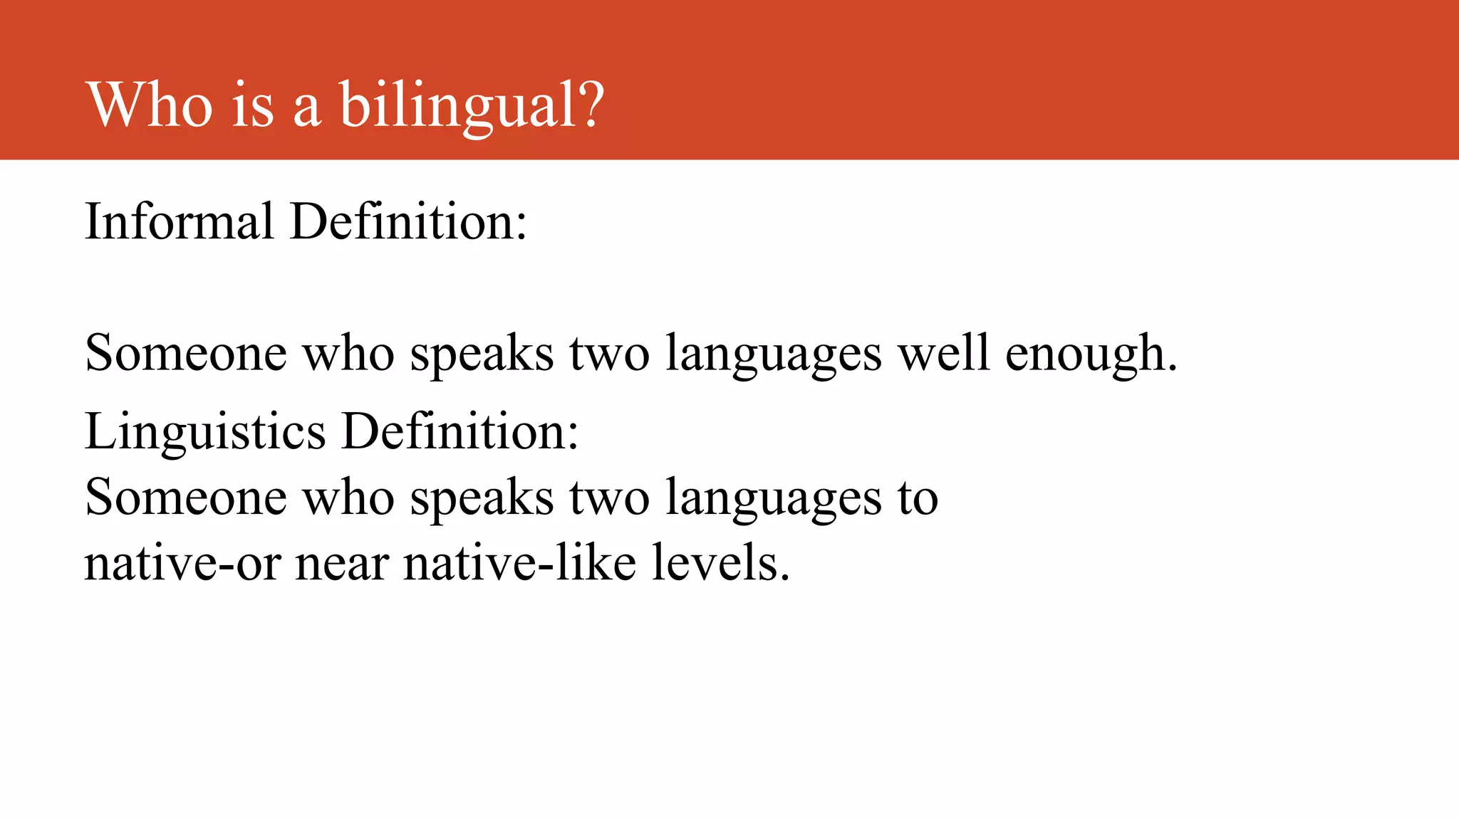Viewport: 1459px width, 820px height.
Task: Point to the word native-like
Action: pos(519,562)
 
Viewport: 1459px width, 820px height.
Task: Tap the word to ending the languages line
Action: pos(918,498)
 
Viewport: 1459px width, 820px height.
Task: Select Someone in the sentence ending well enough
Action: pos(185,353)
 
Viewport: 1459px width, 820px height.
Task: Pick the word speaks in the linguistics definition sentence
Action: pos(482,499)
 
